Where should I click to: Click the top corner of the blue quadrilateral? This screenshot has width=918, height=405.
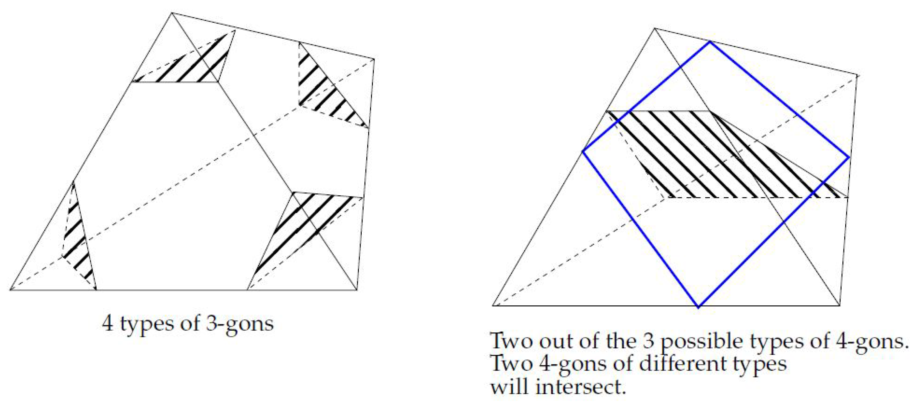[710, 42]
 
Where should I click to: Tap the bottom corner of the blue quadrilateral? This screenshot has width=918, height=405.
[698, 307]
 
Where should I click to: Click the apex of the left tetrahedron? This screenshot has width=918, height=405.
[172, 13]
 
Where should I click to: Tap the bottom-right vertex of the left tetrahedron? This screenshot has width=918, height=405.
[357, 290]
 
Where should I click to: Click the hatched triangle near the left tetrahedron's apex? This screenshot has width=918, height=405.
[192, 64]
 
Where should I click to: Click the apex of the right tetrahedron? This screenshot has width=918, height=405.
[654, 28]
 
